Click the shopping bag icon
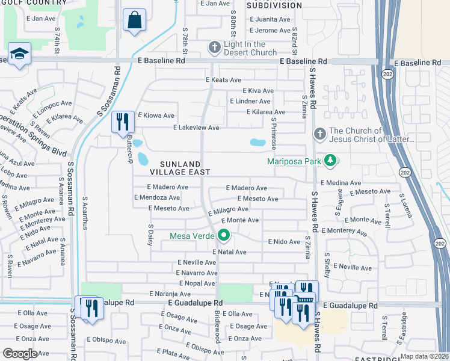click(134, 20)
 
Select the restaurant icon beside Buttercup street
click(123, 122)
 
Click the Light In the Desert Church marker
click(214, 48)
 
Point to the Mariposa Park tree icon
click(330, 161)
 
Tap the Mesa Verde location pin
click(224, 235)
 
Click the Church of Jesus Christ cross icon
click(319, 135)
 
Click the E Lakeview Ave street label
click(196, 128)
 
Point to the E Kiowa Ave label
click(156, 115)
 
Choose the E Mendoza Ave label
click(157, 197)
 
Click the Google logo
click(19, 354)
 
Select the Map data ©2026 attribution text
click(424, 356)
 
